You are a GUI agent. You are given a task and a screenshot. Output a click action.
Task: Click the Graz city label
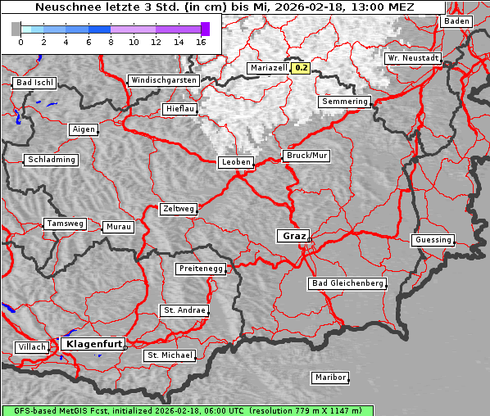(x=293, y=236)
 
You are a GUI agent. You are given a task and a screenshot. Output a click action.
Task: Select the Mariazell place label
(x=269, y=68)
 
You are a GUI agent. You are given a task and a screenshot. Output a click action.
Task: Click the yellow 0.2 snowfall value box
(x=302, y=68)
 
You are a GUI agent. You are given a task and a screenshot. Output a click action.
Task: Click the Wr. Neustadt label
(x=413, y=59)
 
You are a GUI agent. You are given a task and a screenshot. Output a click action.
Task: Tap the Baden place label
(x=456, y=21)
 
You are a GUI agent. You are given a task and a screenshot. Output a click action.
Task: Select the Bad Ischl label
(x=34, y=83)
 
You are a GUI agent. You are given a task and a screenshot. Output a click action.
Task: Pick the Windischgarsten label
(x=163, y=80)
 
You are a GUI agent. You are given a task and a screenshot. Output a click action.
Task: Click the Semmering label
(x=344, y=102)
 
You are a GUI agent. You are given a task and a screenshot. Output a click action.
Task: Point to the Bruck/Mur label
(x=306, y=156)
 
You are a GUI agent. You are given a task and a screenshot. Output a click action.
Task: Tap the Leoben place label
(x=236, y=162)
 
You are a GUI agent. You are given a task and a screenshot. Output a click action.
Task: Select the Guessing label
(x=432, y=240)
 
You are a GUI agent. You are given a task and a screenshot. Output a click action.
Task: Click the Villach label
(x=31, y=347)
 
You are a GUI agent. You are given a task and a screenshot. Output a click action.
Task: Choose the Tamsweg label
(x=65, y=224)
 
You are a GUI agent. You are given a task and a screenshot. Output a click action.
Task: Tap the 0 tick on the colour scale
(x=20, y=41)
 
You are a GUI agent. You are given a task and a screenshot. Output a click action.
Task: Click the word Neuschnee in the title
(x=64, y=7)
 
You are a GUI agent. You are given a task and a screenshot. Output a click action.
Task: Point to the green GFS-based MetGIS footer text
(x=188, y=410)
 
